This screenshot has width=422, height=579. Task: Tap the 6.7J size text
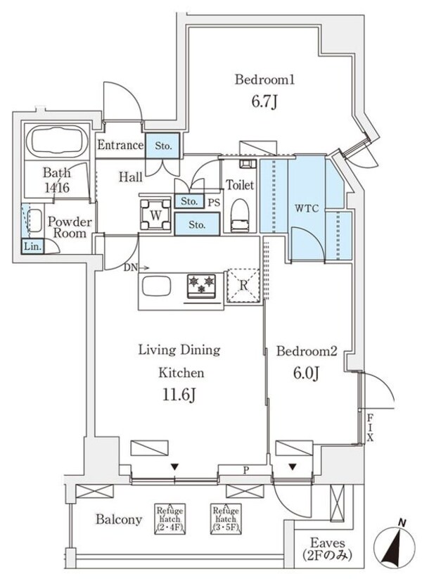tap(264, 103)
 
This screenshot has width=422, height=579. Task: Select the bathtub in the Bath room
tap(56, 143)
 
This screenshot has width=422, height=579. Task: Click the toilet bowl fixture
tap(240, 215)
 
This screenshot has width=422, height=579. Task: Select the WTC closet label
tap(305, 209)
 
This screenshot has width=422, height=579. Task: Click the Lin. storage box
tap(32, 246)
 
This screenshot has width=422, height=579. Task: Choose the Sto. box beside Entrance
tap(163, 146)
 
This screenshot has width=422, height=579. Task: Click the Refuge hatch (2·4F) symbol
tap(169, 519)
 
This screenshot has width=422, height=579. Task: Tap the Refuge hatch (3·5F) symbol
tap(225, 519)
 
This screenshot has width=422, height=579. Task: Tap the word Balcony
tap(119, 521)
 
